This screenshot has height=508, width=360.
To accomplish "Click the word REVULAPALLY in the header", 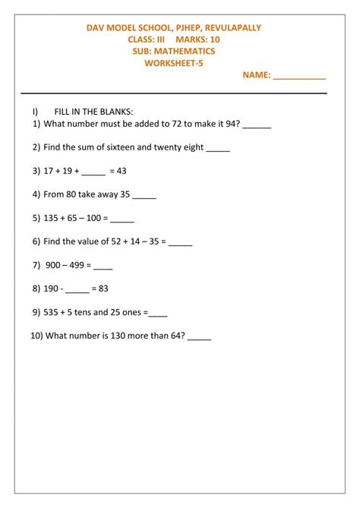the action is (x=232, y=27).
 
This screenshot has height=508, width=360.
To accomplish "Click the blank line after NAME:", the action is (x=299, y=77).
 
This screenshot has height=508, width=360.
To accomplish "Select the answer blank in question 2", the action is (x=217, y=149).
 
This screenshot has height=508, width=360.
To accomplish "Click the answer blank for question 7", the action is (x=103, y=267).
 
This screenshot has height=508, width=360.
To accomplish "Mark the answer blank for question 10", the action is (x=199, y=337).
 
